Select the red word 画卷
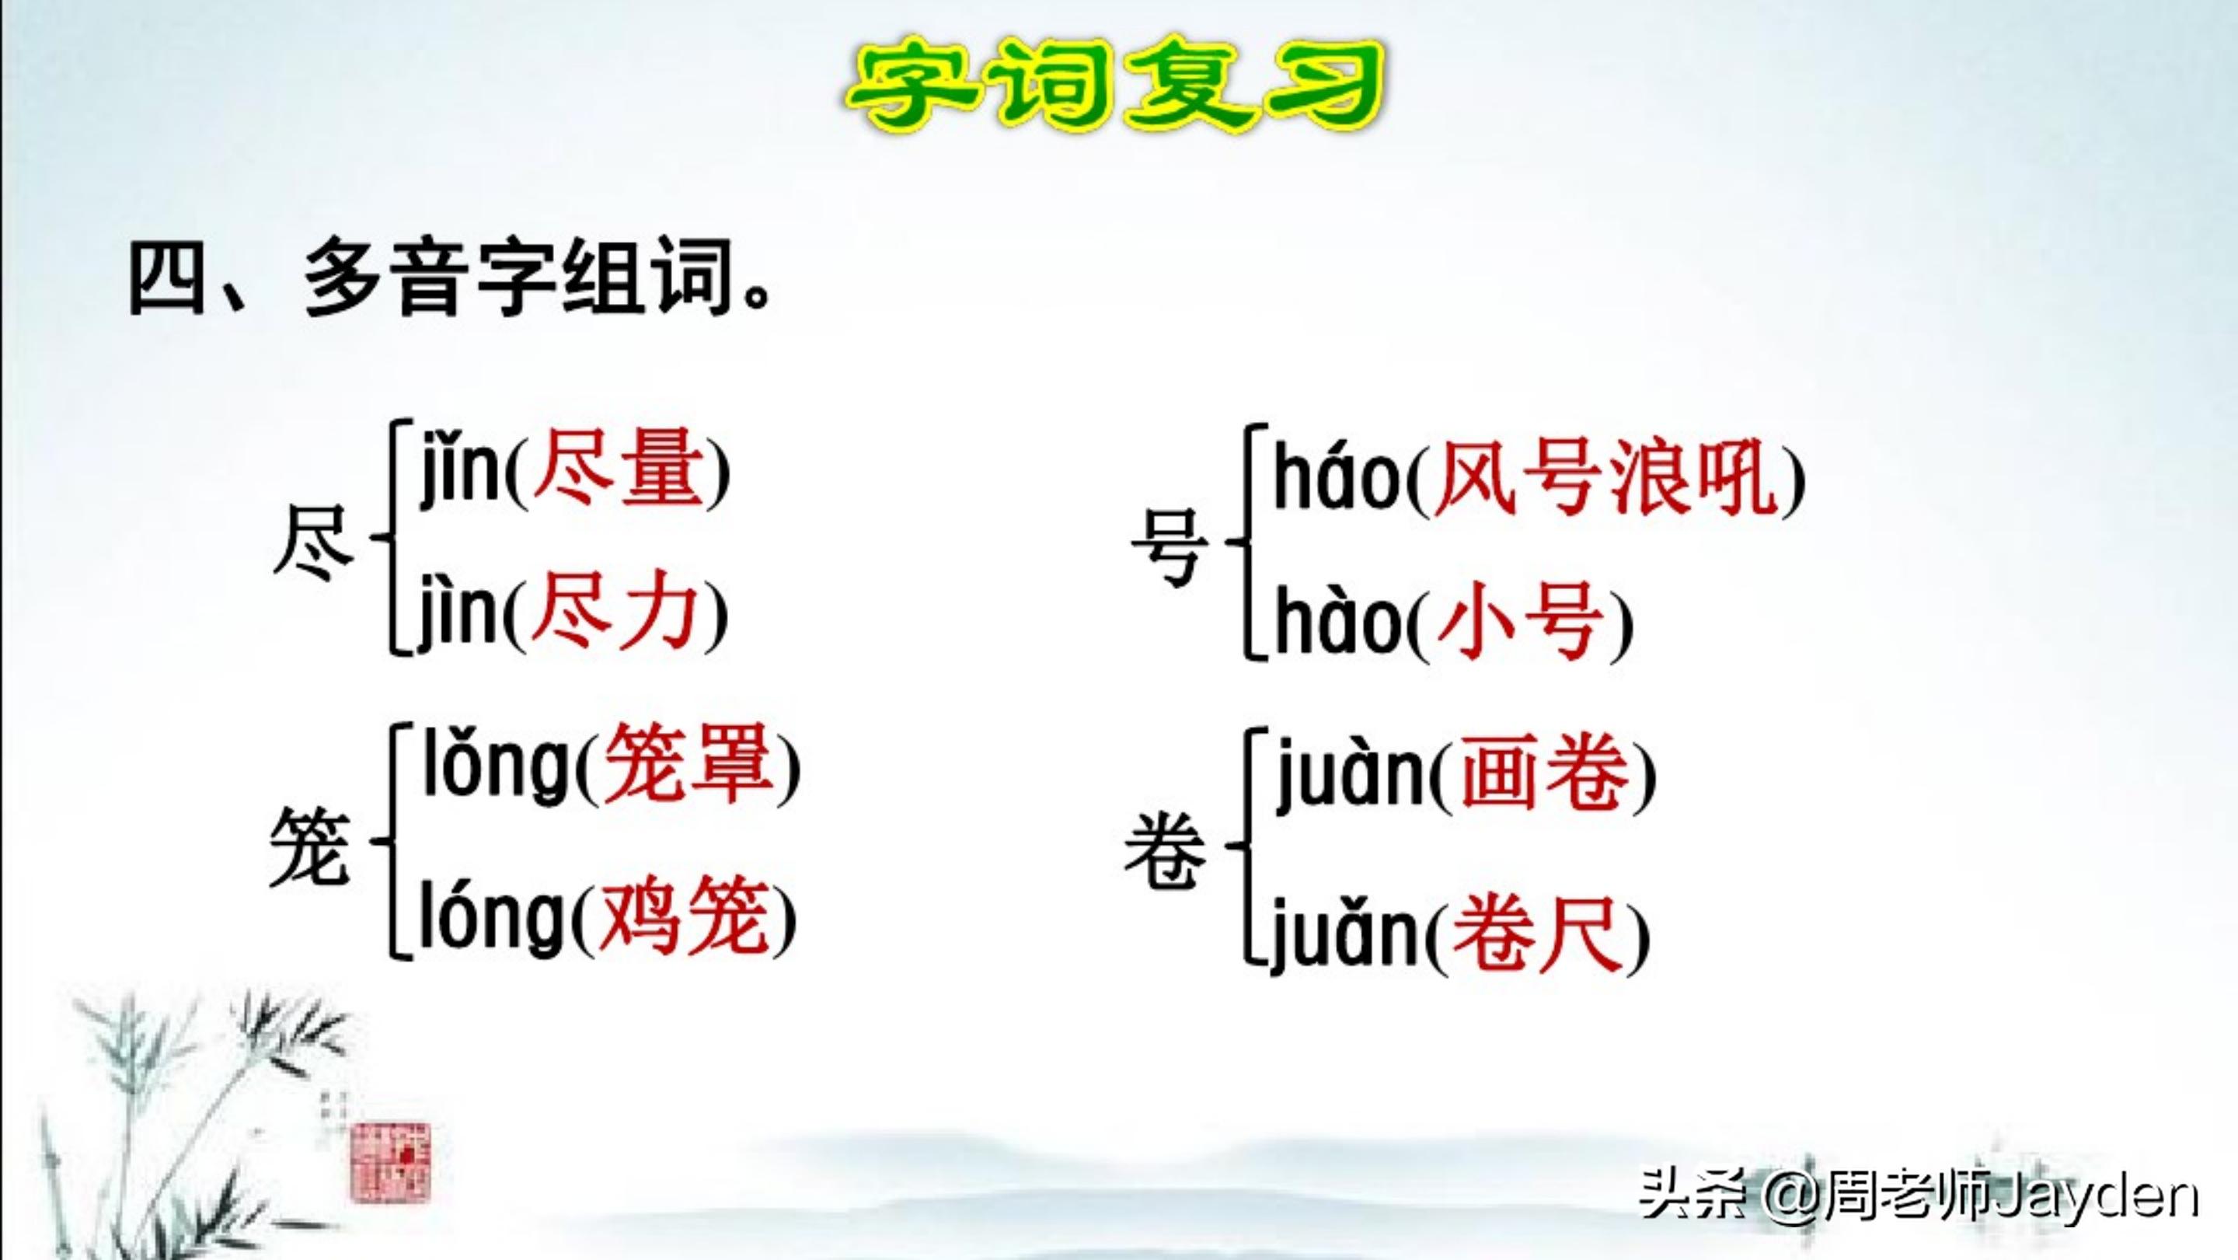[1544, 772]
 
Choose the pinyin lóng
[493, 916]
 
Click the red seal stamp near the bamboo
[389, 1162]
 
